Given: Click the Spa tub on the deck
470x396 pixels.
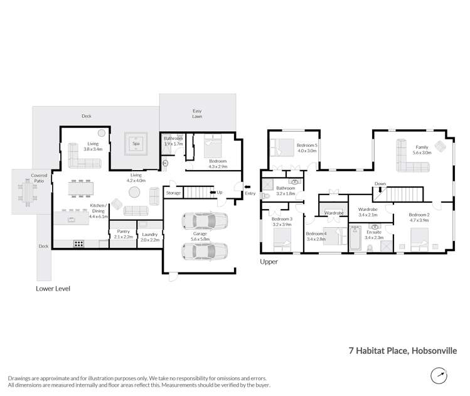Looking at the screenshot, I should coord(136,144).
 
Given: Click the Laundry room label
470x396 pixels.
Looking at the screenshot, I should coord(149,236).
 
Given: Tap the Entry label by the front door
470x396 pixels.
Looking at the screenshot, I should coord(250,193).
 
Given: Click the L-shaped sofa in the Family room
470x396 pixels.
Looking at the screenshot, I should coord(411,158).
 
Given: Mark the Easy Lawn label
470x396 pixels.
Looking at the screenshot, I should coord(196,114).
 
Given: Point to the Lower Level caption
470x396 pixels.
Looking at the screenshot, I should coord(53,289).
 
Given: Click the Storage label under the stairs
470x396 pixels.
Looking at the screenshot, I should coord(173,193).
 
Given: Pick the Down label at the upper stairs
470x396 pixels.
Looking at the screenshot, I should coord(380,184).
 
